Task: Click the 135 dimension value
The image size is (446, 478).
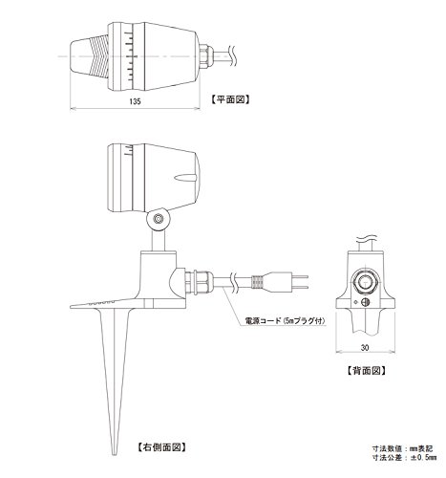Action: point(135,101)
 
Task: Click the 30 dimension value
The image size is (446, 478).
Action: point(365,348)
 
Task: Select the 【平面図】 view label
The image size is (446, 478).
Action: point(230,99)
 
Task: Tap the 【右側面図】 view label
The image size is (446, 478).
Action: point(161,447)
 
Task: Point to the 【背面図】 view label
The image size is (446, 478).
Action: point(366,371)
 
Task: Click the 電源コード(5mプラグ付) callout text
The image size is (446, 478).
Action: point(285,321)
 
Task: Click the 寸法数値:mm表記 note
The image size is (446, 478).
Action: point(403,448)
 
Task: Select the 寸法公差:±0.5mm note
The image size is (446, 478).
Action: point(404,458)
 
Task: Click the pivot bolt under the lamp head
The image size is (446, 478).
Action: point(158,219)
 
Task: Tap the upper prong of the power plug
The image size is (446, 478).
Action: point(300,276)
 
